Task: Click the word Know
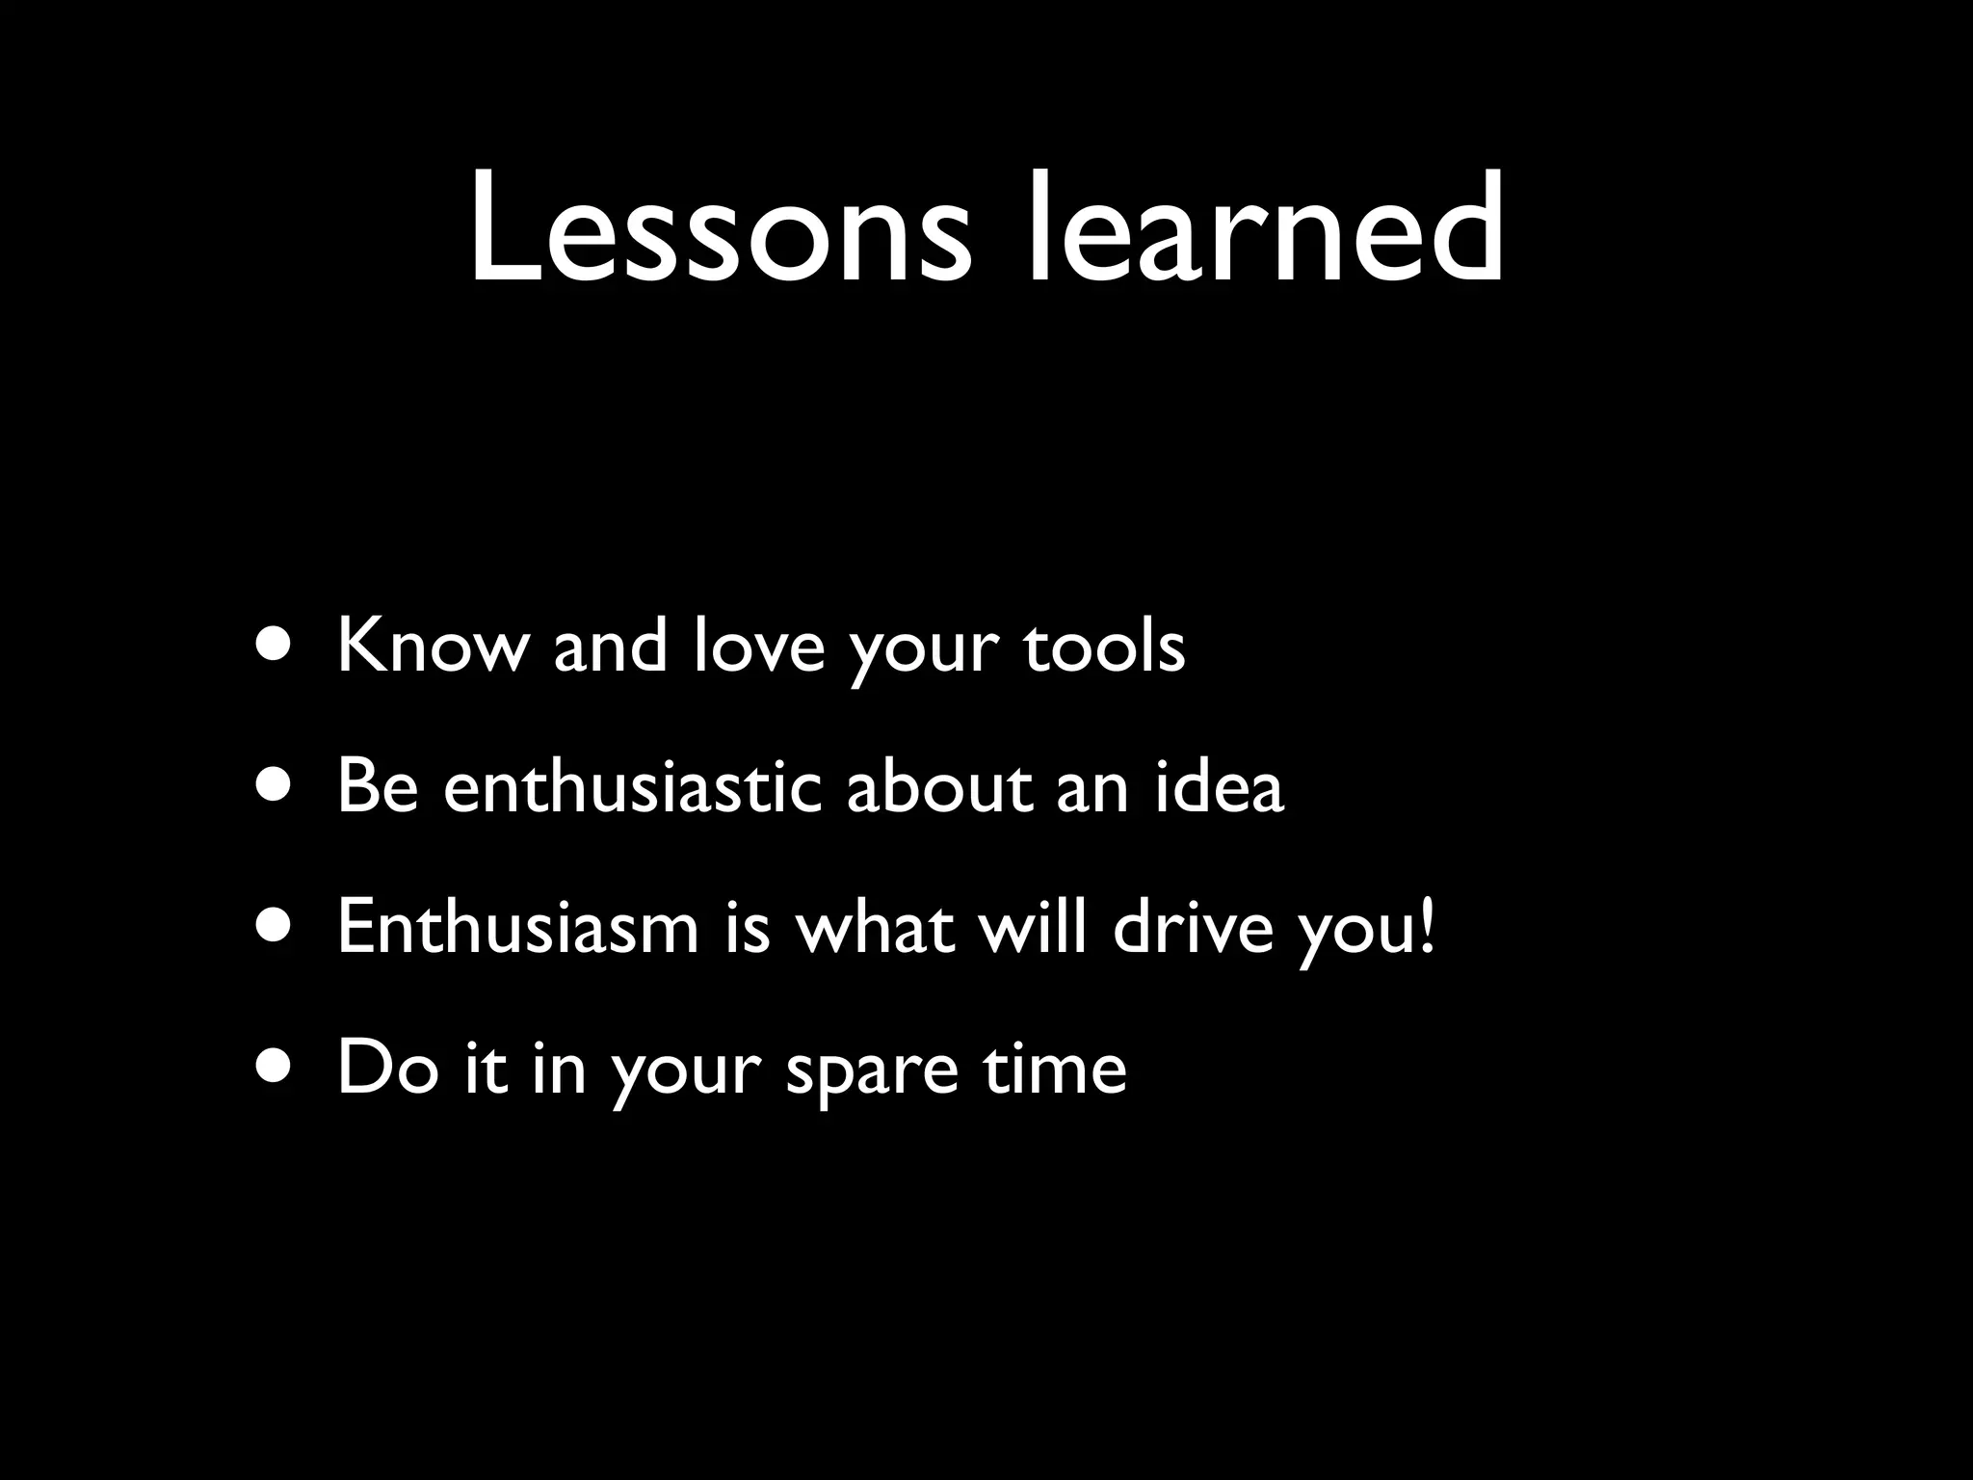[x=433, y=647]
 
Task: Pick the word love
[x=759, y=647]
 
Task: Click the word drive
[x=1194, y=928]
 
